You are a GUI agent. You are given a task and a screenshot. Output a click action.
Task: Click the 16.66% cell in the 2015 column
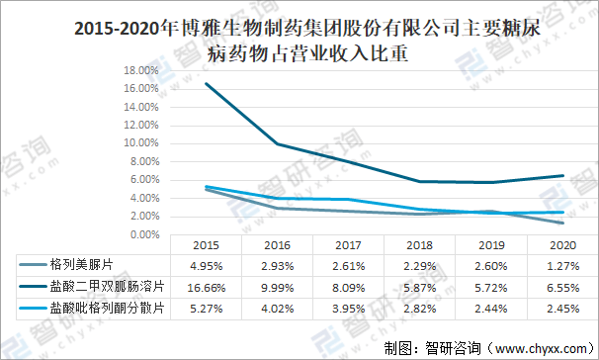pyautogui.click(x=207, y=287)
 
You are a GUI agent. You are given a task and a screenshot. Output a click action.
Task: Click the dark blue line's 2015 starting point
pyautogui.click(x=207, y=84)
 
